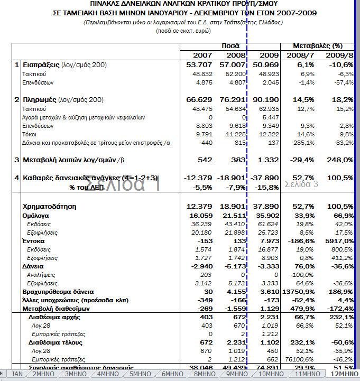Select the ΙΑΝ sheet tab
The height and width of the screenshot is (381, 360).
tap(17, 374)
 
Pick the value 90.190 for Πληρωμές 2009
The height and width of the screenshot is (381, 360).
tap(266, 99)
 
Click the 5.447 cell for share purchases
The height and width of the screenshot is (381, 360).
tap(269, 117)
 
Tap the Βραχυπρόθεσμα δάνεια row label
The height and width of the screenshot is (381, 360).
tap(58, 291)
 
